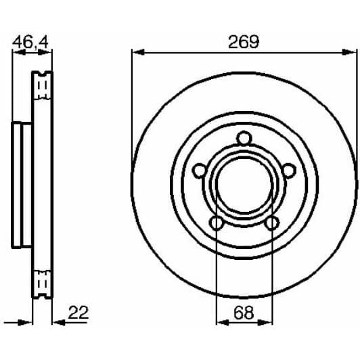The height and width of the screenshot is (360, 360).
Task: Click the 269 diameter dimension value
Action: click(243, 41)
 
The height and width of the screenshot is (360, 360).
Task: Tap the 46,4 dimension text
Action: click(30, 41)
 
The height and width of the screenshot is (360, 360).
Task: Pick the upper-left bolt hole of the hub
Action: click(199, 170)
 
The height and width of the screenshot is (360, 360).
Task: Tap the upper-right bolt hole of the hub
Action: click(288, 170)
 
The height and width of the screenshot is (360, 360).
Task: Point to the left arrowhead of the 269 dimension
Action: click(136, 52)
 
